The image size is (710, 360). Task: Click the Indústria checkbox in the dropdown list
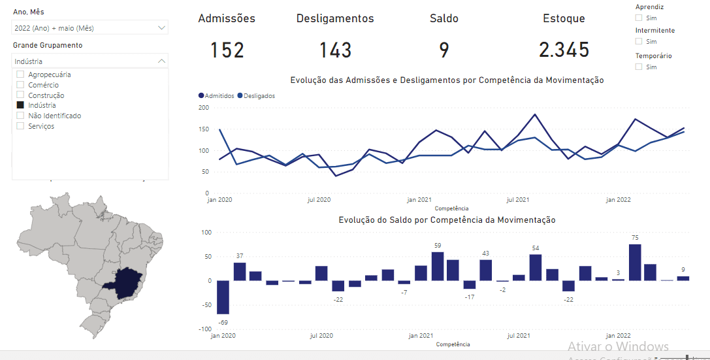20,105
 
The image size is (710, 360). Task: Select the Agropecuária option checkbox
20,74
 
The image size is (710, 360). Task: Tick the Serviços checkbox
20,126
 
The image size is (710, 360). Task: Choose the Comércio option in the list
20,85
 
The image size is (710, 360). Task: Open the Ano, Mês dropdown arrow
161,28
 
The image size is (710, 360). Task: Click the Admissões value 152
227,50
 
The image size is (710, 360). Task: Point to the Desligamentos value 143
335,50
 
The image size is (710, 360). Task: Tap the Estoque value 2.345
564,50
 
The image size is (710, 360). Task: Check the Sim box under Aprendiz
639,18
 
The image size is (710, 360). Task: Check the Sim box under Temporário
639,67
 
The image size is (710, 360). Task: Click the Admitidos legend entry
218,96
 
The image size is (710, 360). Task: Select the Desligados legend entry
259,96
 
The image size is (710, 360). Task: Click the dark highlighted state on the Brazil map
128,282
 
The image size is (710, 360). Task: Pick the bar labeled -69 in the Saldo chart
223,297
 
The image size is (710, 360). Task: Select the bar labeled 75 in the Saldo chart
634,263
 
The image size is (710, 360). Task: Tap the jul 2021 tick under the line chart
517,199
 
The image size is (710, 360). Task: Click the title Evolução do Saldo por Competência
447,220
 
